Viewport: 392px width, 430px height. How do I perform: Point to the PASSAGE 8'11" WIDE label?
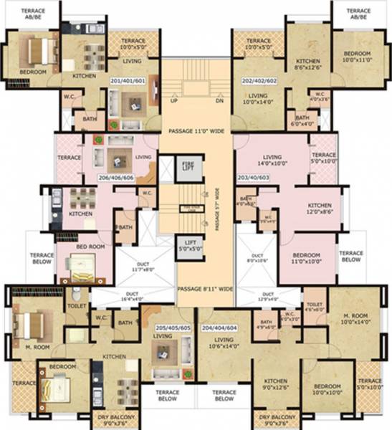click(205, 289)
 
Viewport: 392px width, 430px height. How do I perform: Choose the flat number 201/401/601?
click(129, 81)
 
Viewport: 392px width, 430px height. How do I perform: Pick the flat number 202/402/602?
click(262, 81)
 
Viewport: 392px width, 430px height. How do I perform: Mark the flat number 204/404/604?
click(221, 326)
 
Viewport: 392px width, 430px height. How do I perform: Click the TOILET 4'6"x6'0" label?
click(313, 307)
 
